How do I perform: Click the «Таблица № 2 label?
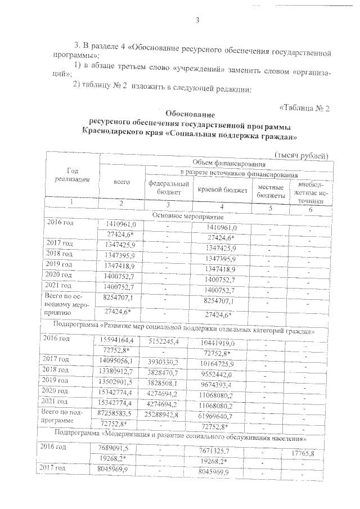(x=303, y=108)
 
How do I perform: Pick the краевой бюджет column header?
(x=223, y=190)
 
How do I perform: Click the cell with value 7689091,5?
(x=118, y=448)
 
